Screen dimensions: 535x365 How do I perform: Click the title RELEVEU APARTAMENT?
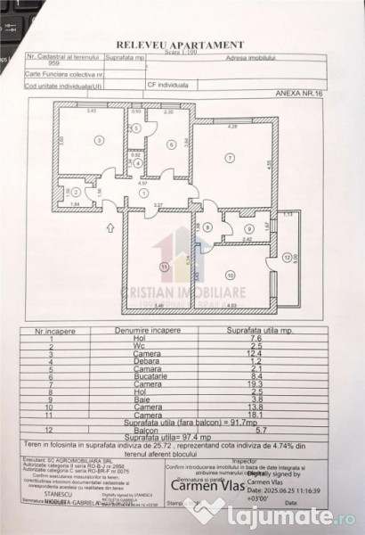click(x=180, y=42)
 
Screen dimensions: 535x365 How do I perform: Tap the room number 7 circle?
click(x=229, y=159)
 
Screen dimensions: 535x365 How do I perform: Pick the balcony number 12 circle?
click(x=287, y=256)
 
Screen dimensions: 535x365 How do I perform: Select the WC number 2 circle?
click(x=77, y=192)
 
